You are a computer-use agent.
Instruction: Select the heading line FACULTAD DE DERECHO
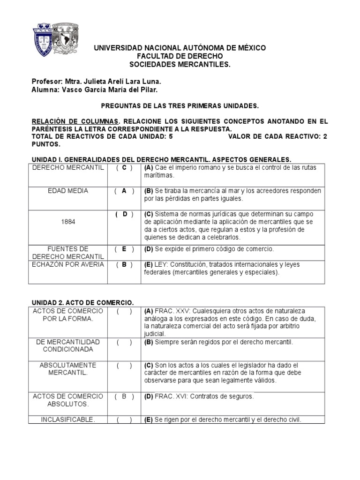pyautogui.click(x=180, y=56)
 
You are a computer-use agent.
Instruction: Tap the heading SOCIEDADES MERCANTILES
pyautogui.click(x=180, y=64)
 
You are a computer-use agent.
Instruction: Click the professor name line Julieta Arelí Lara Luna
pyautogui.click(x=96, y=81)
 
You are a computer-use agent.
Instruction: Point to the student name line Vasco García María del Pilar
pyautogui.click(x=94, y=89)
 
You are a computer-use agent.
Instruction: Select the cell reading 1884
pyautogui.click(x=68, y=222)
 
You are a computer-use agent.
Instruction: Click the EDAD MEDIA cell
pyautogui.click(x=68, y=191)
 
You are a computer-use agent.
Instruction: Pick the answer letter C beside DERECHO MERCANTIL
pyautogui.click(x=124, y=168)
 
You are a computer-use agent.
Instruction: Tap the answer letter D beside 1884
pyautogui.click(x=124, y=214)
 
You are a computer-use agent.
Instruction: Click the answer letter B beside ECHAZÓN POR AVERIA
pyautogui.click(x=124, y=264)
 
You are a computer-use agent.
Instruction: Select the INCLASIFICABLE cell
pyautogui.click(x=68, y=420)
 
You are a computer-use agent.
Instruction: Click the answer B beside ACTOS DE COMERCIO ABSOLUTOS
pyautogui.click(x=124, y=396)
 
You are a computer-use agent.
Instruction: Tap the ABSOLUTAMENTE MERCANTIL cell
pyautogui.click(x=68, y=368)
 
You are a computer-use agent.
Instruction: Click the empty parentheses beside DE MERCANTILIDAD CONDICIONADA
pyautogui.click(x=124, y=342)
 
